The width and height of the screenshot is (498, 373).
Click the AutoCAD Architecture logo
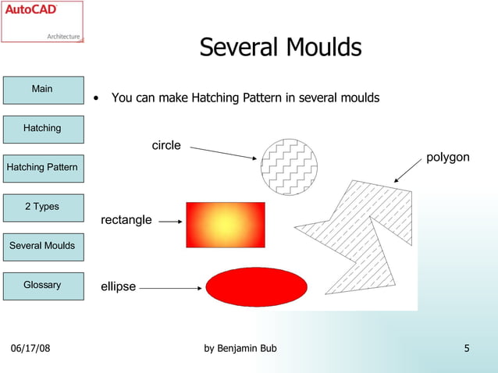tap(42, 22)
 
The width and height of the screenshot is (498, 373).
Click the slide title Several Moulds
tap(280, 48)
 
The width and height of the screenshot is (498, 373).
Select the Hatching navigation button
tap(42, 128)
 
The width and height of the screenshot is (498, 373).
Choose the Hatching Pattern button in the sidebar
tap(42, 168)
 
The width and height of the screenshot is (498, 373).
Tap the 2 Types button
tap(42, 207)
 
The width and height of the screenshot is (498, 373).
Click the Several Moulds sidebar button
tap(42, 246)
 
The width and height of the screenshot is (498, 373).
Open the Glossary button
tap(42, 285)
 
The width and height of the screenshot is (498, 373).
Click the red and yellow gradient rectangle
tap(225, 224)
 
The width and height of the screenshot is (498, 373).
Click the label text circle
tap(165, 145)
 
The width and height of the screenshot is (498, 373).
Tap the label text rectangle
tap(126, 220)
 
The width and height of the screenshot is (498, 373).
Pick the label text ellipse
tap(118, 287)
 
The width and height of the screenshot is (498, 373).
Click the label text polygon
tap(447, 158)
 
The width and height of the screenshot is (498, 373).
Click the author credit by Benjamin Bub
tap(240, 348)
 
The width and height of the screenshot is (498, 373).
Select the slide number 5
tap(466, 348)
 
